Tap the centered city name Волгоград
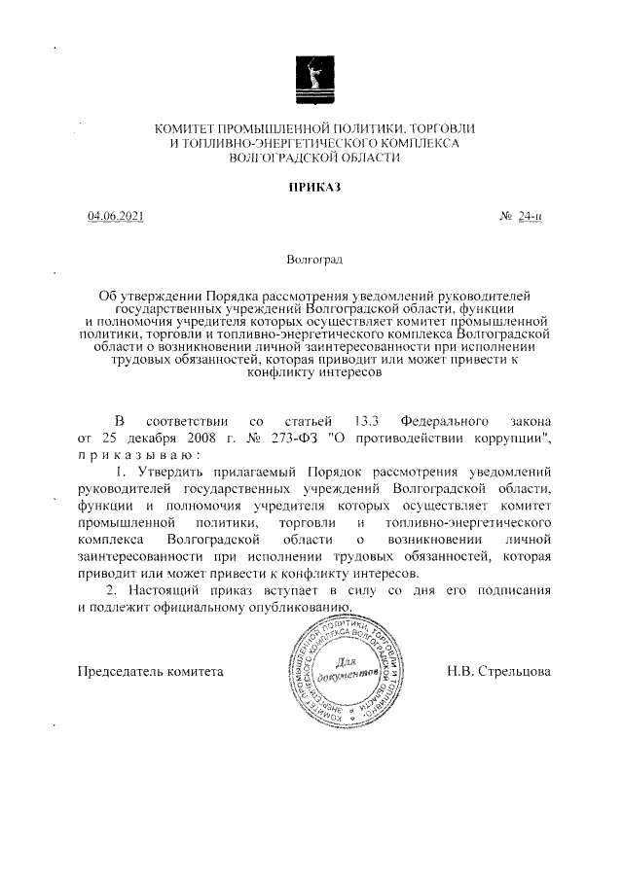313,261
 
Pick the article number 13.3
366,421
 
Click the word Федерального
444,421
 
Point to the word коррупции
506,438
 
